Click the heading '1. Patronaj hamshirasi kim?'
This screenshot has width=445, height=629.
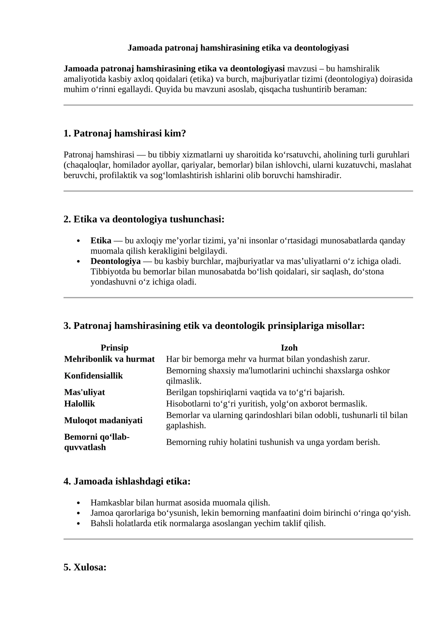tap(124, 133)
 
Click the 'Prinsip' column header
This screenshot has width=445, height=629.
tap(114, 348)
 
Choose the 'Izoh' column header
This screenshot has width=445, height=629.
tap(289, 348)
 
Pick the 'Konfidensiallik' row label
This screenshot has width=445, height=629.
tap(93, 376)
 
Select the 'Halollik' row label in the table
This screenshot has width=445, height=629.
tap(80, 403)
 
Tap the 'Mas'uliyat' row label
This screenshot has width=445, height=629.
tap(85, 392)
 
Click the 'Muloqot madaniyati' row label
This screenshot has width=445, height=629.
tap(103, 420)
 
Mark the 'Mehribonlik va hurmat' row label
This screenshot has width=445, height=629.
tap(109, 359)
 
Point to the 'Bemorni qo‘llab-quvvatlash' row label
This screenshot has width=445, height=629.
tap(97, 442)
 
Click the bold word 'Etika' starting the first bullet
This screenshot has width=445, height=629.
tap(101, 241)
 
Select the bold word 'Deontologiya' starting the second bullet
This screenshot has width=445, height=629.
tap(115, 261)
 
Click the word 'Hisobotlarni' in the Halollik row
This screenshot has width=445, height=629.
tap(185, 403)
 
